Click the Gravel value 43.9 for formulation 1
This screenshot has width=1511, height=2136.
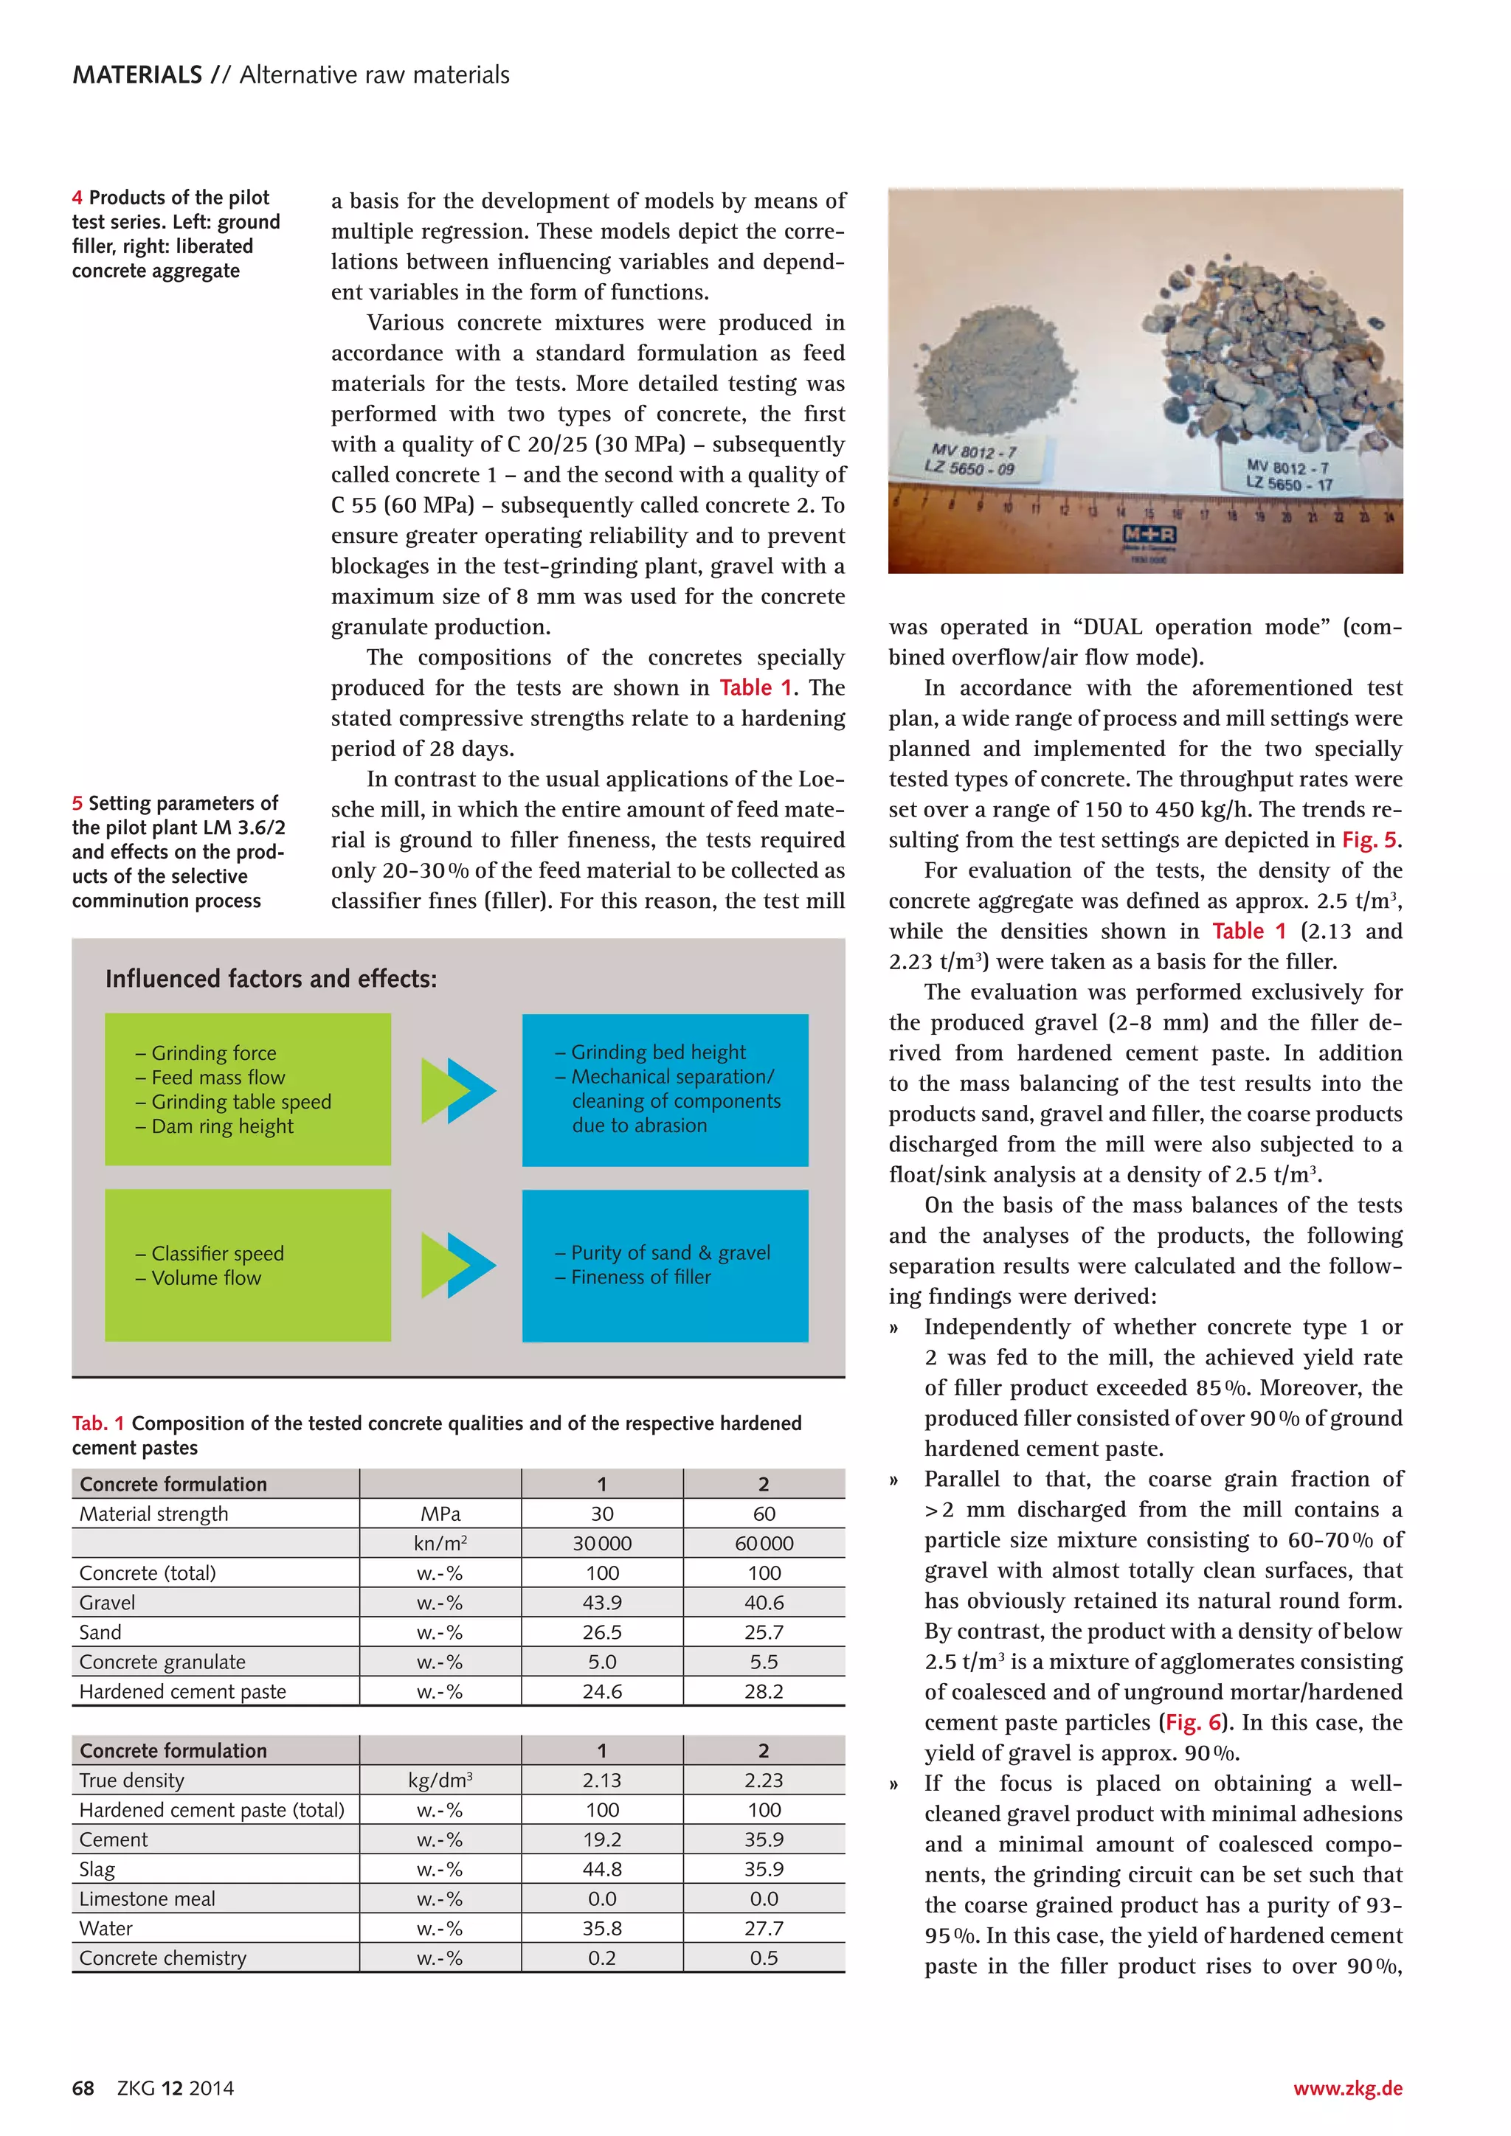[x=602, y=1602]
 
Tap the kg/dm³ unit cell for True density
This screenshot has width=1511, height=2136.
[x=440, y=1780]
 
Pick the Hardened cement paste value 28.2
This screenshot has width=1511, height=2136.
[x=763, y=1691]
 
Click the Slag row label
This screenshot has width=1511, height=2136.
[x=97, y=1869]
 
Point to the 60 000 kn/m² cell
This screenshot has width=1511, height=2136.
[x=763, y=1544]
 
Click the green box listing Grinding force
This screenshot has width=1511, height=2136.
[x=247, y=1089]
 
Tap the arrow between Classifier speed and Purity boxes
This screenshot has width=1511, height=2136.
[x=457, y=1265]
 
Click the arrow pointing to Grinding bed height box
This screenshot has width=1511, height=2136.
[x=457, y=1090]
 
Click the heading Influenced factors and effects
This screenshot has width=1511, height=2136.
[x=271, y=979]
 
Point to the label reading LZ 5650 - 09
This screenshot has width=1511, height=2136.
[x=969, y=468]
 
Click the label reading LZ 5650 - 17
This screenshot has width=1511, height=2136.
[x=1289, y=484]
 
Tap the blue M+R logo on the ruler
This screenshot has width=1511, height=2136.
[x=1150, y=535]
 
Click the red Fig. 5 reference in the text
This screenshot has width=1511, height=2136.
[x=1369, y=840]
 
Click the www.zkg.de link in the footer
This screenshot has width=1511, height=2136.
[x=1347, y=2087]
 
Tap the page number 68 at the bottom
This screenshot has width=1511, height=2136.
[x=83, y=2087]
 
